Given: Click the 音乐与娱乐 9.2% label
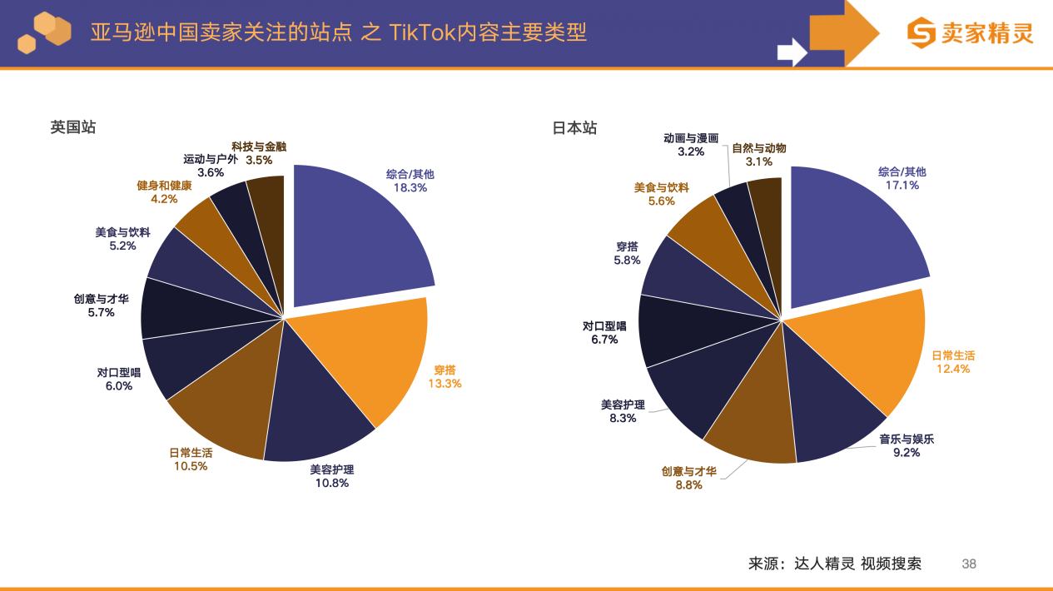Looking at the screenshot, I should (x=906, y=445).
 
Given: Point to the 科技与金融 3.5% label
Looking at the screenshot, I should (x=259, y=153).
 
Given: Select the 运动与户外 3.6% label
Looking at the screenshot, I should (x=211, y=166).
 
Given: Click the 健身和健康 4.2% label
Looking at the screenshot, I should (x=164, y=192).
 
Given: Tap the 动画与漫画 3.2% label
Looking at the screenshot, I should (x=691, y=145).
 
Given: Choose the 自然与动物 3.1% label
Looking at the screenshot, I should (x=759, y=155).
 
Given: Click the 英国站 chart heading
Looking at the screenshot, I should (x=73, y=127).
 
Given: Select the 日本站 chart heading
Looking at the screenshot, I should (x=575, y=127).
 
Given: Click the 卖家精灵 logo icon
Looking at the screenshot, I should (x=921, y=33).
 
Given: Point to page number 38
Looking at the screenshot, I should (x=969, y=564).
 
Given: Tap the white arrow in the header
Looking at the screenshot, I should (x=792, y=52).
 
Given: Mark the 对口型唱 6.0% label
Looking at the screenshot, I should (x=119, y=380).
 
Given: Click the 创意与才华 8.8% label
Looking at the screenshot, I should (x=688, y=478).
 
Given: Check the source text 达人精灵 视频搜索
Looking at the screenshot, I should (x=857, y=564).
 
